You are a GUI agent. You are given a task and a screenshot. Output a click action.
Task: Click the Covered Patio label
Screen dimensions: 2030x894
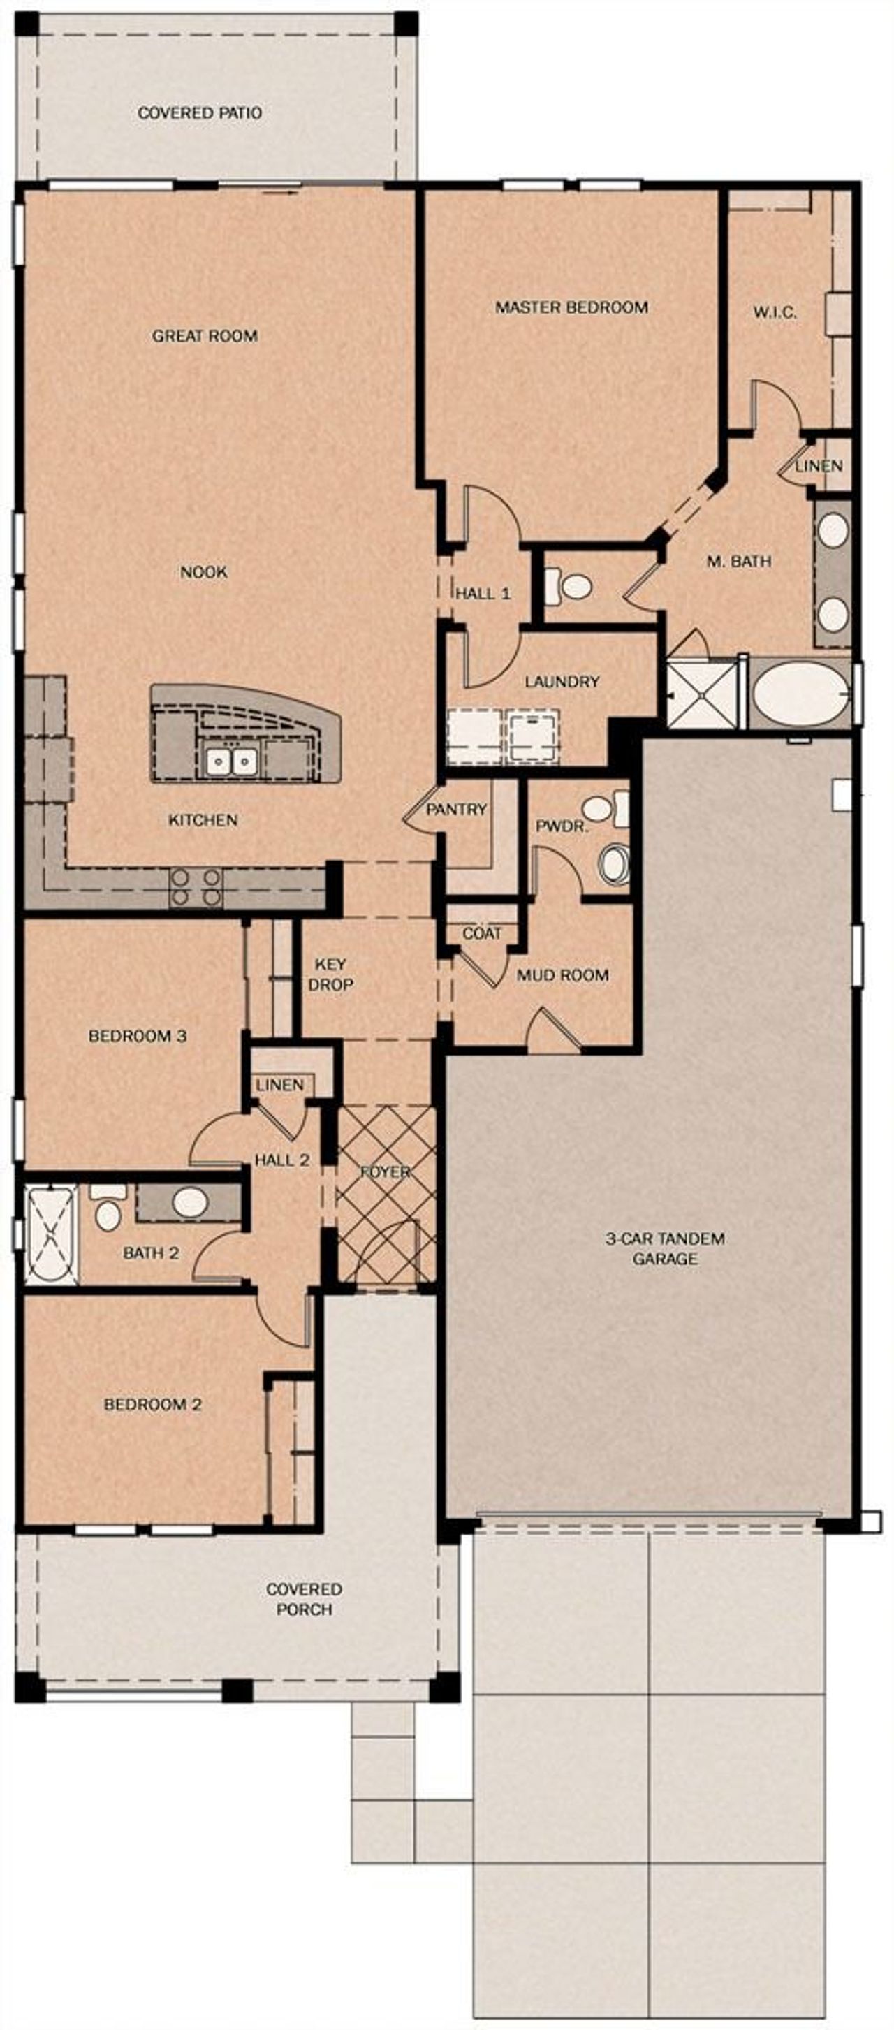point(199,112)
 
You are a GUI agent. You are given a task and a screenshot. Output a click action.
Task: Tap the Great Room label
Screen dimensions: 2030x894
point(205,336)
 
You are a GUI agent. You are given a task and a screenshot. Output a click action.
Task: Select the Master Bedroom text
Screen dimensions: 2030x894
point(571,307)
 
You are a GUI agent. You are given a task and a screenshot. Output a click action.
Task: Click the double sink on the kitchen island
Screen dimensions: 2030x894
point(232,761)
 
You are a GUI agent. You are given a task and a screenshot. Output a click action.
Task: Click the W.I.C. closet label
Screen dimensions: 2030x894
point(775,312)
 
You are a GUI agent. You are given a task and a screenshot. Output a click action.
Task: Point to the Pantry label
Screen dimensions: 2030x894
point(456,810)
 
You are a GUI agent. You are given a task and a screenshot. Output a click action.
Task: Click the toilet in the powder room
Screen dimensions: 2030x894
point(613,863)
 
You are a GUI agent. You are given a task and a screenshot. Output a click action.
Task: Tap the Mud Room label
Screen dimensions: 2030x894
point(562,976)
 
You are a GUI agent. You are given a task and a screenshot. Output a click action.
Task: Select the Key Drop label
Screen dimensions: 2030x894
point(330,974)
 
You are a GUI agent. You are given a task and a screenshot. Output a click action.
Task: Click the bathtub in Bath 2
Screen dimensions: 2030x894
point(51,1234)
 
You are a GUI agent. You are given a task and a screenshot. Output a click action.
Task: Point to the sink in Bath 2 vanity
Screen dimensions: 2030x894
point(190,1202)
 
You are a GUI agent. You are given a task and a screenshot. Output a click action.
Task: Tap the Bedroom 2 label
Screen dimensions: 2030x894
point(153,1403)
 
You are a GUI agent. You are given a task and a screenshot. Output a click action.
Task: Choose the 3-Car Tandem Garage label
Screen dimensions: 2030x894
point(665,1248)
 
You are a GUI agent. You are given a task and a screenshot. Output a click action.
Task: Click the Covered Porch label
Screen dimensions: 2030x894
point(304,1599)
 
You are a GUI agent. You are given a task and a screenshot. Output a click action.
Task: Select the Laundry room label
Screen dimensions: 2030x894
point(562,681)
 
